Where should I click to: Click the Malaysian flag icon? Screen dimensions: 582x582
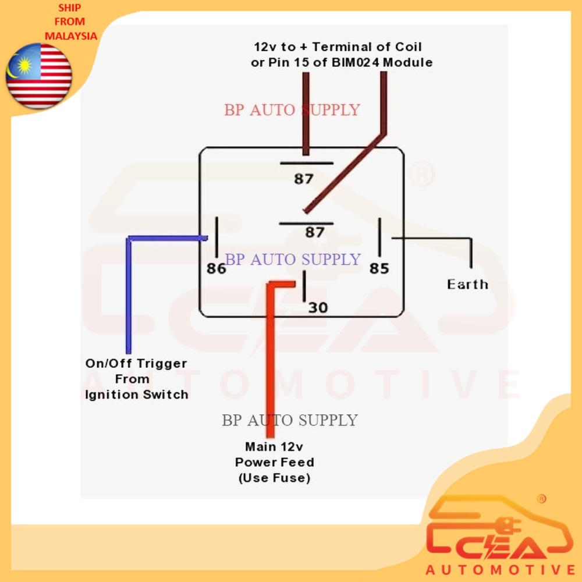[x=38, y=76]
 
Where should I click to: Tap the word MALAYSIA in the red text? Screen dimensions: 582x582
[x=70, y=36]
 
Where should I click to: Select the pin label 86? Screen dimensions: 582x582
[x=216, y=268]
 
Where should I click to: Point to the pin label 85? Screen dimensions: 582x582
[x=379, y=268]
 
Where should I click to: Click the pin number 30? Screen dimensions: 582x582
[x=318, y=307]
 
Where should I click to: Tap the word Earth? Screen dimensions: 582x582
[x=467, y=284]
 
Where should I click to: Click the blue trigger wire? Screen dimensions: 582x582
[x=129, y=291]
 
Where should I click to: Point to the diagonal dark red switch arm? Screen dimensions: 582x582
[x=343, y=175]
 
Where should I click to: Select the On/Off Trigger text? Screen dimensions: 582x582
[x=136, y=364]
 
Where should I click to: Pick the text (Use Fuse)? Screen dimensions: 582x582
[x=274, y=478]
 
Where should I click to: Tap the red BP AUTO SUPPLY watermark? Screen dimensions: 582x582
[x=292, y=109]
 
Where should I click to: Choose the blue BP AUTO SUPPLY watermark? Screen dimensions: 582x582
[x=293, y=259]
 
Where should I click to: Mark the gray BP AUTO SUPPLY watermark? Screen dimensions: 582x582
[x=290, y=420]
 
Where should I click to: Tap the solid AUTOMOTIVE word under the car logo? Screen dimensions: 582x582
[x=501, y=569]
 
